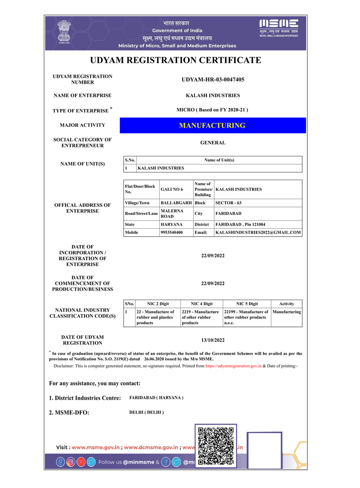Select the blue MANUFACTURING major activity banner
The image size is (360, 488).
pos(213,125)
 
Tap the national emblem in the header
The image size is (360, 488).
pos(65,31)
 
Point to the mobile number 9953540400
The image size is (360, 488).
pos(172,233)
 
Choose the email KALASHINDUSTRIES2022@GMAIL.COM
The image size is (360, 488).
pos(258,233)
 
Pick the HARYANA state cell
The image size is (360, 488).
pos(172,224)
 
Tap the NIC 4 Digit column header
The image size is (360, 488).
pos(201,304)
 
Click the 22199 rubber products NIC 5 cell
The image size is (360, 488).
pos(246,317)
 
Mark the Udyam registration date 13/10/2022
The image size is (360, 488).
pos(213,340)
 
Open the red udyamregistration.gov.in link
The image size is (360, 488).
pos(233,366)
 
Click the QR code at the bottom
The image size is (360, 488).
pos(216,446)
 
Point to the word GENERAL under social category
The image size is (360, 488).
pos(213,143)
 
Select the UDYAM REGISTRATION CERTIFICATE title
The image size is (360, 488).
pos(175,60)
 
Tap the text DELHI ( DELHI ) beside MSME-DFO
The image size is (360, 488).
pos(147,412)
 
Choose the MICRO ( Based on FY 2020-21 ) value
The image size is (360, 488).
pos(213,110)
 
